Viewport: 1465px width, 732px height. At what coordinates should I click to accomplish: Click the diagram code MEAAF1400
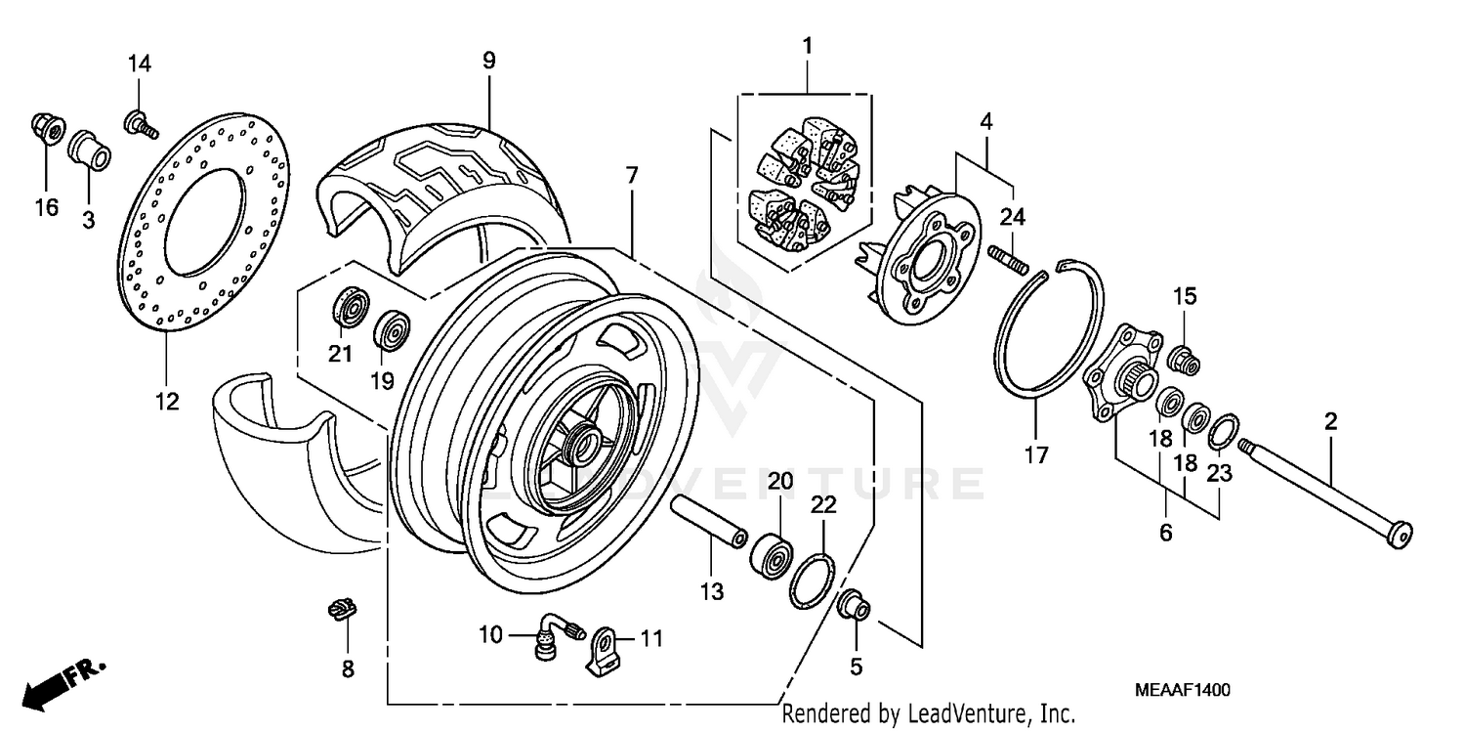click(1182, 690)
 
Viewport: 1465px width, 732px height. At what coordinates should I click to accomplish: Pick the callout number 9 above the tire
click(488, 61)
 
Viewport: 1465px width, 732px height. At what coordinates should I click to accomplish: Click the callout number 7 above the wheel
click(632, 177)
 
